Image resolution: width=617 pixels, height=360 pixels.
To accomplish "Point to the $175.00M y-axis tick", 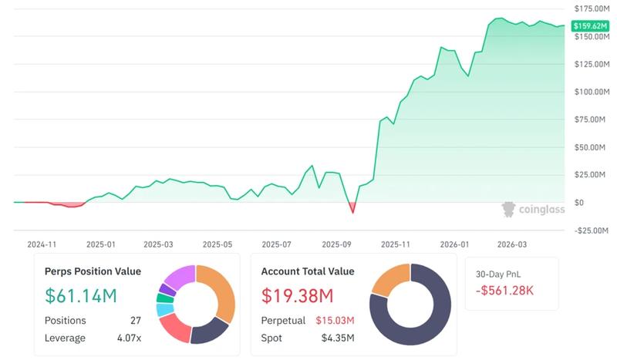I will click(x=591, y=8).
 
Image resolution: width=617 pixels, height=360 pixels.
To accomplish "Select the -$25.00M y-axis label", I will click(x=591, y=230).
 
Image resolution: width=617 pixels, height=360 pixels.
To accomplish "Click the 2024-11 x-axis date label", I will click(x=42, y=244).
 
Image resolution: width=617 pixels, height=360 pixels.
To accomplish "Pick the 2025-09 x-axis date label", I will click(x=336, y=244).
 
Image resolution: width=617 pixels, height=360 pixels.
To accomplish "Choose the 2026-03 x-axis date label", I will click(x=512, y=244).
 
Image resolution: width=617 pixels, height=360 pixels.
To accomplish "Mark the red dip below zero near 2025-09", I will click(x=352, y=207).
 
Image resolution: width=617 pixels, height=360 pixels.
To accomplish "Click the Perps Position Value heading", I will click(x=93, y=271).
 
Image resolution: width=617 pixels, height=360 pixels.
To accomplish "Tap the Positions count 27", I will click(x=136, y=320).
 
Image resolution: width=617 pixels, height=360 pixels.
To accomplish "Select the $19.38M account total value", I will click(x=297, y=295).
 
